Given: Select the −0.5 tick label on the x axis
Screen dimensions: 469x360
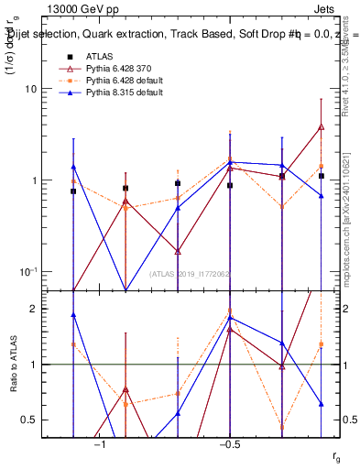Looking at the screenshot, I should tap(229, 443).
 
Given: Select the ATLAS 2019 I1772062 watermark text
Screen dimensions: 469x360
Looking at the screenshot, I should tap(190, 273).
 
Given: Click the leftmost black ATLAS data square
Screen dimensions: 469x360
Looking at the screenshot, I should tap(73, 191).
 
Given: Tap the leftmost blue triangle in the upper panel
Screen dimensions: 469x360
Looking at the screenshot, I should tap(73, 167).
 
